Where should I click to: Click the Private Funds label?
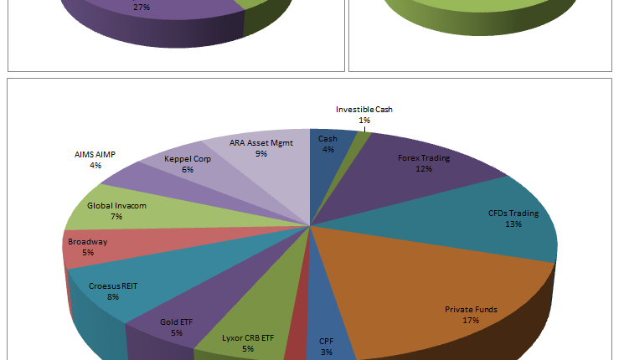coord(470,309)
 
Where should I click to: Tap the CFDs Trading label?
coord(513,213)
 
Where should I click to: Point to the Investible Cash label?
coord(364,109)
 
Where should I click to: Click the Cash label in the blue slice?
coord(327,139)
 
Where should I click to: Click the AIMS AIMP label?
coord(96,155)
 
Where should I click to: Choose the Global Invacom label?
coord(116,205)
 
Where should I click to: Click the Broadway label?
coord(87,242)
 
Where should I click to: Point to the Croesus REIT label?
coord(113,285)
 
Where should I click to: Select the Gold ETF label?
coord(177,321)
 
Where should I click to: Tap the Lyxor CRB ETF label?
coord(248,338)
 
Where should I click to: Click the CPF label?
coord(326,341)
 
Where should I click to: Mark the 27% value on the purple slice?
coord(141,7)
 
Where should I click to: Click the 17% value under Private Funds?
coord(470,320)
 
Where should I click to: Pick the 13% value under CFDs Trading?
coord(513,224)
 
